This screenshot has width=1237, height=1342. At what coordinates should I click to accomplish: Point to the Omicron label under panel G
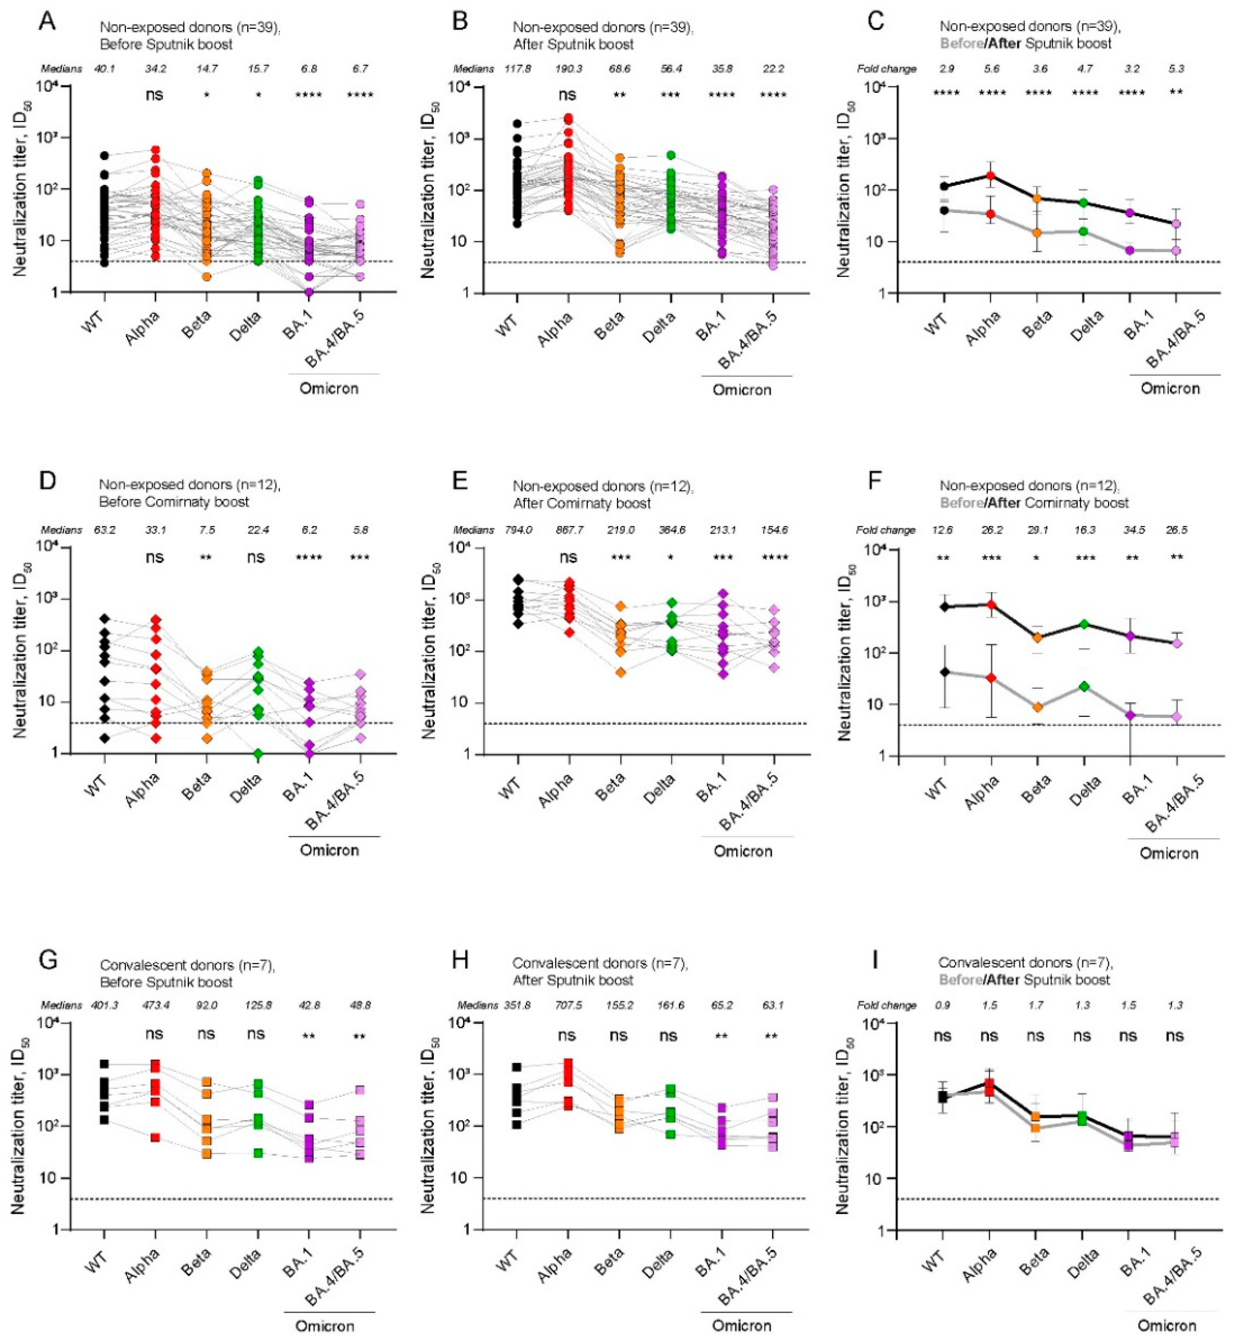coord(325,1326)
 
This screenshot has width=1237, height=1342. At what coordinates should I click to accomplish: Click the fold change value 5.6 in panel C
coord(992,69)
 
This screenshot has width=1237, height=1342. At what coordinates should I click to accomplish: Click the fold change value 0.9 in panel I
coord(942,1005)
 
